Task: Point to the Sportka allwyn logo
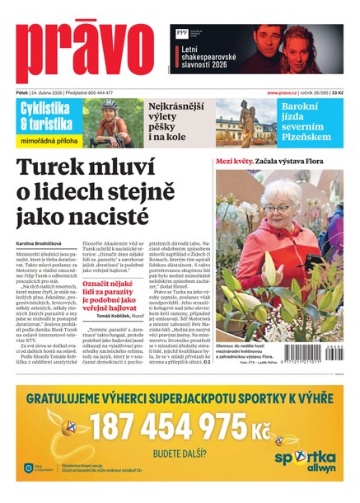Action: point(305,460)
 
